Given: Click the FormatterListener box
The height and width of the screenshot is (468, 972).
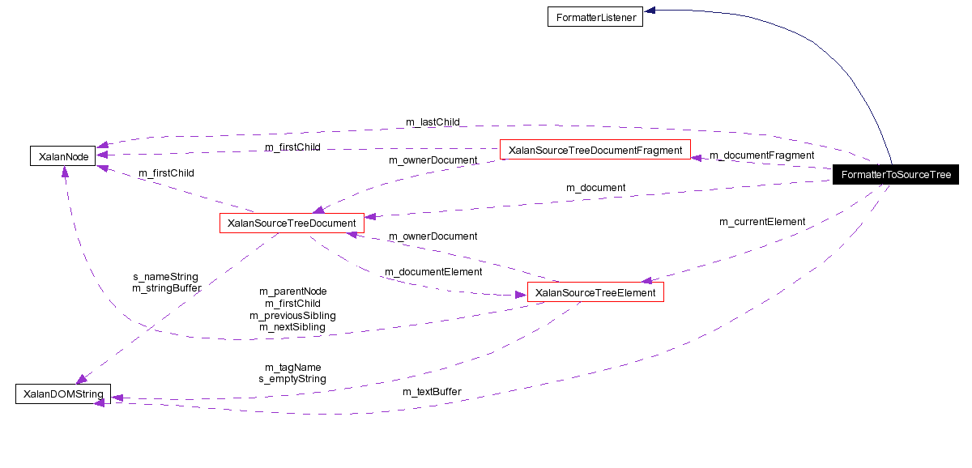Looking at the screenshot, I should (x=595, y=17).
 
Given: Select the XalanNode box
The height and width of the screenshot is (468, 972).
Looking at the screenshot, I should (x=62, y=155).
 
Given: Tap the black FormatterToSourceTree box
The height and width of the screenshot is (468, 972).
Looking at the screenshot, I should (x=895, y=175).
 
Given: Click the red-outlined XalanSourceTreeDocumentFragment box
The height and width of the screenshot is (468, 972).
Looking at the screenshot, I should (x=595, y=150).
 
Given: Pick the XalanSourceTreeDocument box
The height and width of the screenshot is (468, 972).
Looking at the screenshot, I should (x=292, y=223).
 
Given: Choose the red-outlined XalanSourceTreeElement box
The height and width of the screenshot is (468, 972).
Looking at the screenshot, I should (x=595, y=292).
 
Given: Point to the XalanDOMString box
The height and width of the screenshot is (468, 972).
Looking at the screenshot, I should (x=63, y=394).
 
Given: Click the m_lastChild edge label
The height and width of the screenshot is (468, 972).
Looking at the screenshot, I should (x=433, y=122).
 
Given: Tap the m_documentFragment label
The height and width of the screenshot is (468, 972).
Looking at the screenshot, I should (x=761, y=155).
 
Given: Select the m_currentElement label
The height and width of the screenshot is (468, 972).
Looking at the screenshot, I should (x=762, y=222).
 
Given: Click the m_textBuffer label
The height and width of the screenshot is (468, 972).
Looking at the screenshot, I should (x=432, y=392).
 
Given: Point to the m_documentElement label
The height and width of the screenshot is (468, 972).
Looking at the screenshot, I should (x=433, y=272).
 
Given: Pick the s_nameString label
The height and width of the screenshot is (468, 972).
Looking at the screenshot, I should (x=165, y=276).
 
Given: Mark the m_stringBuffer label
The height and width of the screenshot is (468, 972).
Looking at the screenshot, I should (x=166, y=287).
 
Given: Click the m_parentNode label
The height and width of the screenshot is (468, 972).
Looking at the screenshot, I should (x=292, y=291).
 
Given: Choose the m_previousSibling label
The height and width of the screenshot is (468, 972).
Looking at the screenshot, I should (x=292, y=315).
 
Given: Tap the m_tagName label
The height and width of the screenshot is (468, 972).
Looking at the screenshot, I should (x=292, y=367).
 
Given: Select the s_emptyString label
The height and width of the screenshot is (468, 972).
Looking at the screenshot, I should (x=292, y=379).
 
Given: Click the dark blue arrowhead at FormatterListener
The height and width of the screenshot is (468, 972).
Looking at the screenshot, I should (x=650, y=11).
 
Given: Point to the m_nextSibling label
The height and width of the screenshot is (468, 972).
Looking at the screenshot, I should (x=292, y=327).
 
